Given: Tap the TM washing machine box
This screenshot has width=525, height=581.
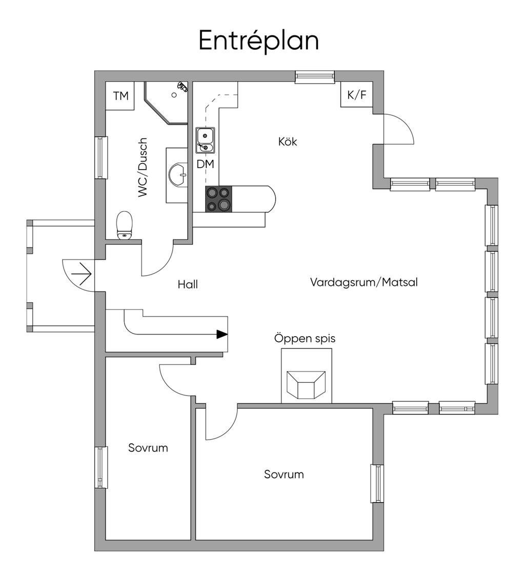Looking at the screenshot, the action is coord(120,96).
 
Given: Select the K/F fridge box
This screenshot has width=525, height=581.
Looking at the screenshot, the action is coord(357,94).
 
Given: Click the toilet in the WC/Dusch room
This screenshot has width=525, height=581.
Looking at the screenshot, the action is coord(124,225).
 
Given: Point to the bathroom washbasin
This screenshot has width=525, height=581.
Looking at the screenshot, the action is coord(177,174).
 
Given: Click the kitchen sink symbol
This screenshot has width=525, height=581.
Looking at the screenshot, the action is coord(205,140).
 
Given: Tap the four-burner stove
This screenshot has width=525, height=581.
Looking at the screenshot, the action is coord(219,199).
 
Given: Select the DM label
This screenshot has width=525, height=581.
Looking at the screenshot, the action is coord(206,164).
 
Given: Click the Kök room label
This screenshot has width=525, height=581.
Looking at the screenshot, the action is coord(288,141).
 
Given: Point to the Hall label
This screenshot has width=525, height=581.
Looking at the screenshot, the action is coord(188,284).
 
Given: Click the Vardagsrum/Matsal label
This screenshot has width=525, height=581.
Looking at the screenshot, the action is coord(364,282).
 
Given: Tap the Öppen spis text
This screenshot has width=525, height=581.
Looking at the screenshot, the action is coord(305,338).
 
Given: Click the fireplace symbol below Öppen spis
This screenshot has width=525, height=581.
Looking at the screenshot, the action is coord(306,385).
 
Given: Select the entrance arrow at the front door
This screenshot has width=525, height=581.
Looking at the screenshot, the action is coord(81,274).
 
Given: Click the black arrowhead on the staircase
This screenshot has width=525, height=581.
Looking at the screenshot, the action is coord(222,334).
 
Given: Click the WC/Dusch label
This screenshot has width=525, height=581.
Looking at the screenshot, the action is coord(143,168).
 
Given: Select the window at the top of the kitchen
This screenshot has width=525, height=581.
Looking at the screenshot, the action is coord(315,77).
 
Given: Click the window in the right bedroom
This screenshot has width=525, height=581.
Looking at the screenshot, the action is coord(377,483).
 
